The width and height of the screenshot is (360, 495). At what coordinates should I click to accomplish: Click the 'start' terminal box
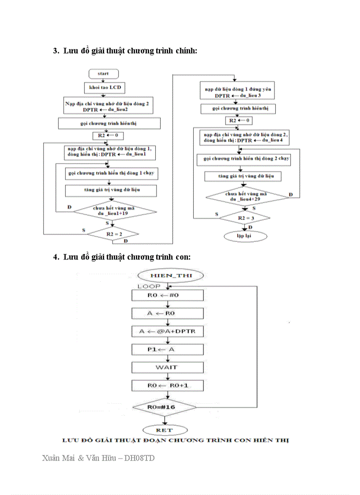[103, 73]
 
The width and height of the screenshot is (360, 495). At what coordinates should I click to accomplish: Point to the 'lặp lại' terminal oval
[246, 237]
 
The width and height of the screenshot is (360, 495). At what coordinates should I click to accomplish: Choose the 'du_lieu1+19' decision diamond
[115, 211]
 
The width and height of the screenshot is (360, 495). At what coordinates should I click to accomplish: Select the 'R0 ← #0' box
[168, 295]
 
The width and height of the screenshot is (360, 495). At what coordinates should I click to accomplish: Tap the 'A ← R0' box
[168, 313]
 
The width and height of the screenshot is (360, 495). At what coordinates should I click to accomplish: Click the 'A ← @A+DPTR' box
[168, 331]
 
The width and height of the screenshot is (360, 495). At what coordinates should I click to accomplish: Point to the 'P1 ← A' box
[168, 349]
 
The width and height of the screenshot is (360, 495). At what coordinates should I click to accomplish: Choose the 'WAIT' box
[168, 367]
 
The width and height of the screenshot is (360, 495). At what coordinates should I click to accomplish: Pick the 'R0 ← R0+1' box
[168, 386]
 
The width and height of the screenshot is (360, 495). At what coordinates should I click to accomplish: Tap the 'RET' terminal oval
[165, 430]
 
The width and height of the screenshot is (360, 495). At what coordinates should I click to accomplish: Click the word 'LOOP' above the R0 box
[146, 287]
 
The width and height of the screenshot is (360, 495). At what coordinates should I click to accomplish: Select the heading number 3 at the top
[56, 51]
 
